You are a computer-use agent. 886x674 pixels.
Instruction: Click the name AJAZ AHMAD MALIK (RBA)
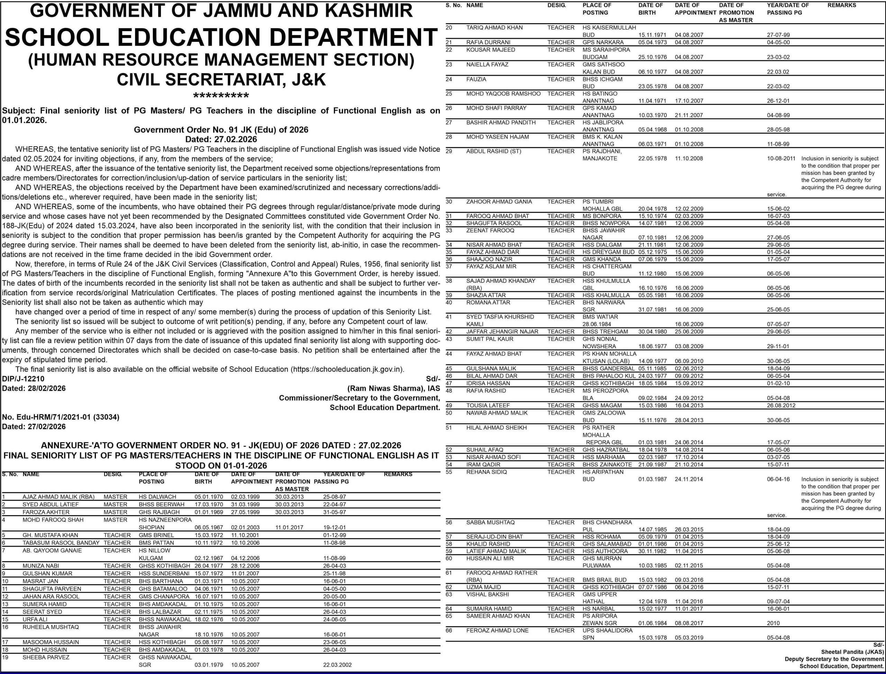[58, 497]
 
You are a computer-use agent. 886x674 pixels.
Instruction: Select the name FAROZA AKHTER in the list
[46, 512]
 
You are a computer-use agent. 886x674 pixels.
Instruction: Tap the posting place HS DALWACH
[157, 497]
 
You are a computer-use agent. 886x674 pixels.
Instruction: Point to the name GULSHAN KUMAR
[47, 573]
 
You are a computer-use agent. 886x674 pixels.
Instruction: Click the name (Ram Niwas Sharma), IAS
[394, 388]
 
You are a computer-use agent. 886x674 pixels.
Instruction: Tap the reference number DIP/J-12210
[23, 379]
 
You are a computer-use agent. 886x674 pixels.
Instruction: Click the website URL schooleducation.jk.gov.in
[346, 369]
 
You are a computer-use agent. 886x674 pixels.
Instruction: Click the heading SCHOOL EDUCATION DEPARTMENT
[221, 37]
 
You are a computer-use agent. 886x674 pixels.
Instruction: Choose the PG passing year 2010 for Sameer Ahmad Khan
[773, 623]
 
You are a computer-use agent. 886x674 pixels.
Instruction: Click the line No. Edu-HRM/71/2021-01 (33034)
[61, 417]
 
